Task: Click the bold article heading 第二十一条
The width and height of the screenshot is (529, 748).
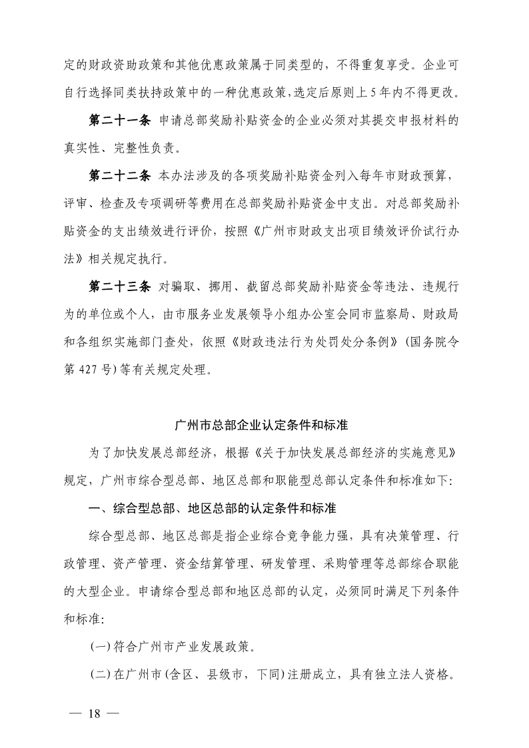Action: tap(120, 121)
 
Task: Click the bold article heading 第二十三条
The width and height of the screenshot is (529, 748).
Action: tap(120, 287)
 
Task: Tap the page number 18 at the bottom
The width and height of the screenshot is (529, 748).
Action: tap(93, 714)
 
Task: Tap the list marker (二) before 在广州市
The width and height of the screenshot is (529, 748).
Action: tap(101, 674)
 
